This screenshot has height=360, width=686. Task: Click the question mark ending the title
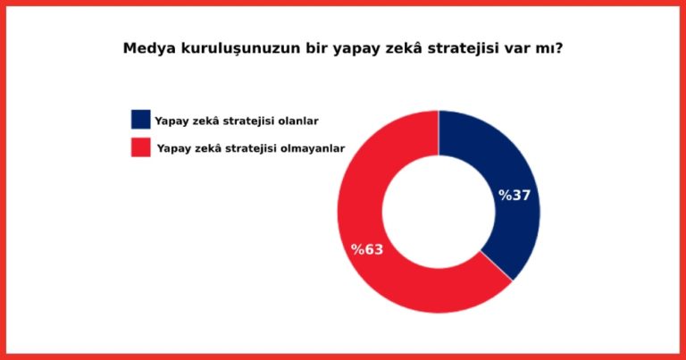click(x=558, y=47)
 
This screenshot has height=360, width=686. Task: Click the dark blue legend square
click(x=141, y=120)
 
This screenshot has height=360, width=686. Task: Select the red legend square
click(x=141, y=147)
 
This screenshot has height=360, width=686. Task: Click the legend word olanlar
click(x=300, y=121)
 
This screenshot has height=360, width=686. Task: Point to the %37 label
click(x=514, y=195)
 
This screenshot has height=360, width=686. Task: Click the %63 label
click(x=367, y=249)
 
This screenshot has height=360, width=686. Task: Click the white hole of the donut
click(x=439, y=212)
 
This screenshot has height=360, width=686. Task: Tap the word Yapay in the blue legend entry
click(x=170, y=121)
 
